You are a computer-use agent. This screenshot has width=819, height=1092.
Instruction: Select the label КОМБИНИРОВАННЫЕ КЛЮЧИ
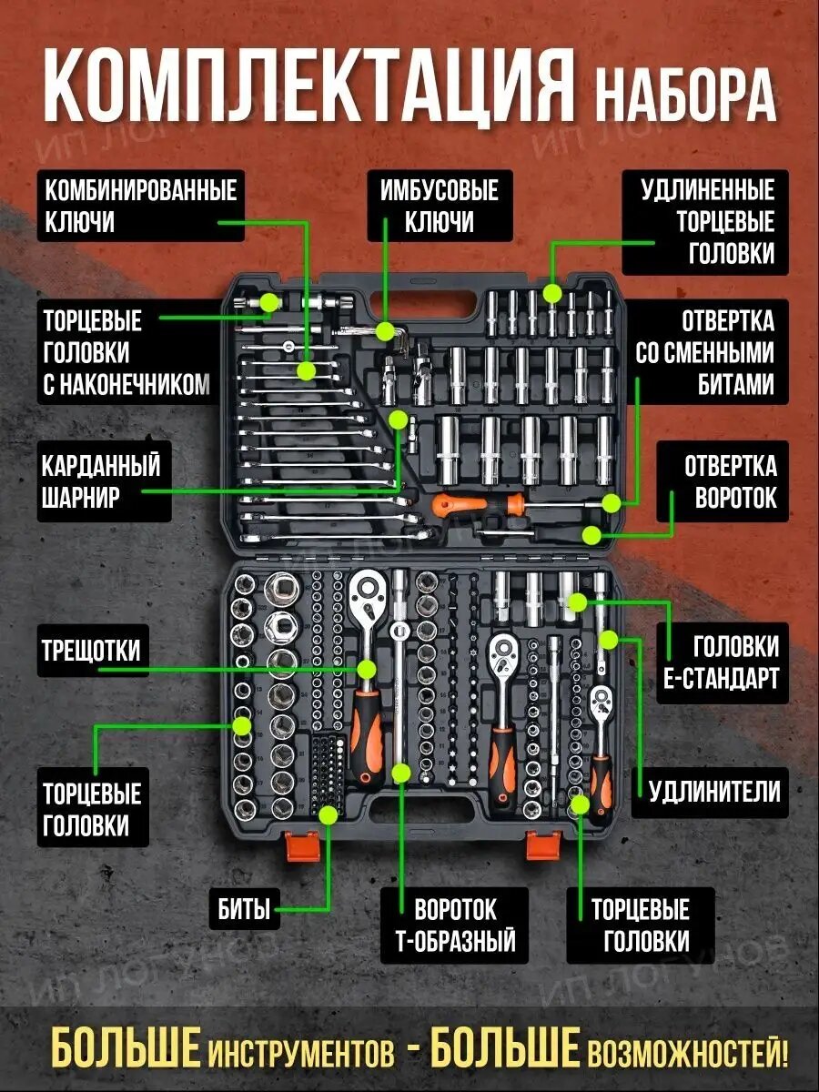coord(141,207)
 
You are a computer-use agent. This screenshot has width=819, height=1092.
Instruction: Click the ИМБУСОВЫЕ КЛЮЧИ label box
coord(439,207)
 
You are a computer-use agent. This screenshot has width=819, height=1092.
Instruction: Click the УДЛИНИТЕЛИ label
coord(714,791)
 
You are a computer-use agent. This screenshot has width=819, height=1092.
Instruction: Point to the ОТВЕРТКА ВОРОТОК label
coord(730,481)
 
